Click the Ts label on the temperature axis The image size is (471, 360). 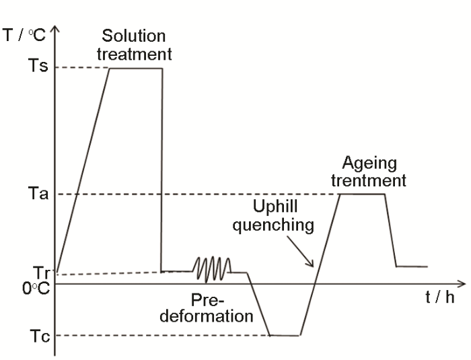[38, 65]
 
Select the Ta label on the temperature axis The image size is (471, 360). [38, 193]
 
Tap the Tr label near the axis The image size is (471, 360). [42, 273]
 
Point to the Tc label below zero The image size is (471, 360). [40, 336]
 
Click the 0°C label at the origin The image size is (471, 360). [36, 289]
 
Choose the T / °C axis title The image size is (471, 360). [24, 35]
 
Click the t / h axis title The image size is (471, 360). [440, 297]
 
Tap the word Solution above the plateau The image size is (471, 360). [134, 36]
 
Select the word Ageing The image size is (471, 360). [369, 164]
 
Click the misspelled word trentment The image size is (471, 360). [369, 180]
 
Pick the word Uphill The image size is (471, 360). [275, 207]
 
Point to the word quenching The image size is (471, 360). [273, 225]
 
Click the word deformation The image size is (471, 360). [207, 316]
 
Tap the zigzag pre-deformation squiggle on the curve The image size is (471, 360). [212, 270]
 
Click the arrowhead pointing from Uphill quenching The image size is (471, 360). [310, 263]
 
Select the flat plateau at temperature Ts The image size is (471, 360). [136, 68]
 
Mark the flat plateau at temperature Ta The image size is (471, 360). [362, 194]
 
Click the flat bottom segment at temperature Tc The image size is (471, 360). [285, 335]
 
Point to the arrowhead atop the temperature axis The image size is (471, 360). [55, 29]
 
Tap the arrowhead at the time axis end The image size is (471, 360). [461, 283]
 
